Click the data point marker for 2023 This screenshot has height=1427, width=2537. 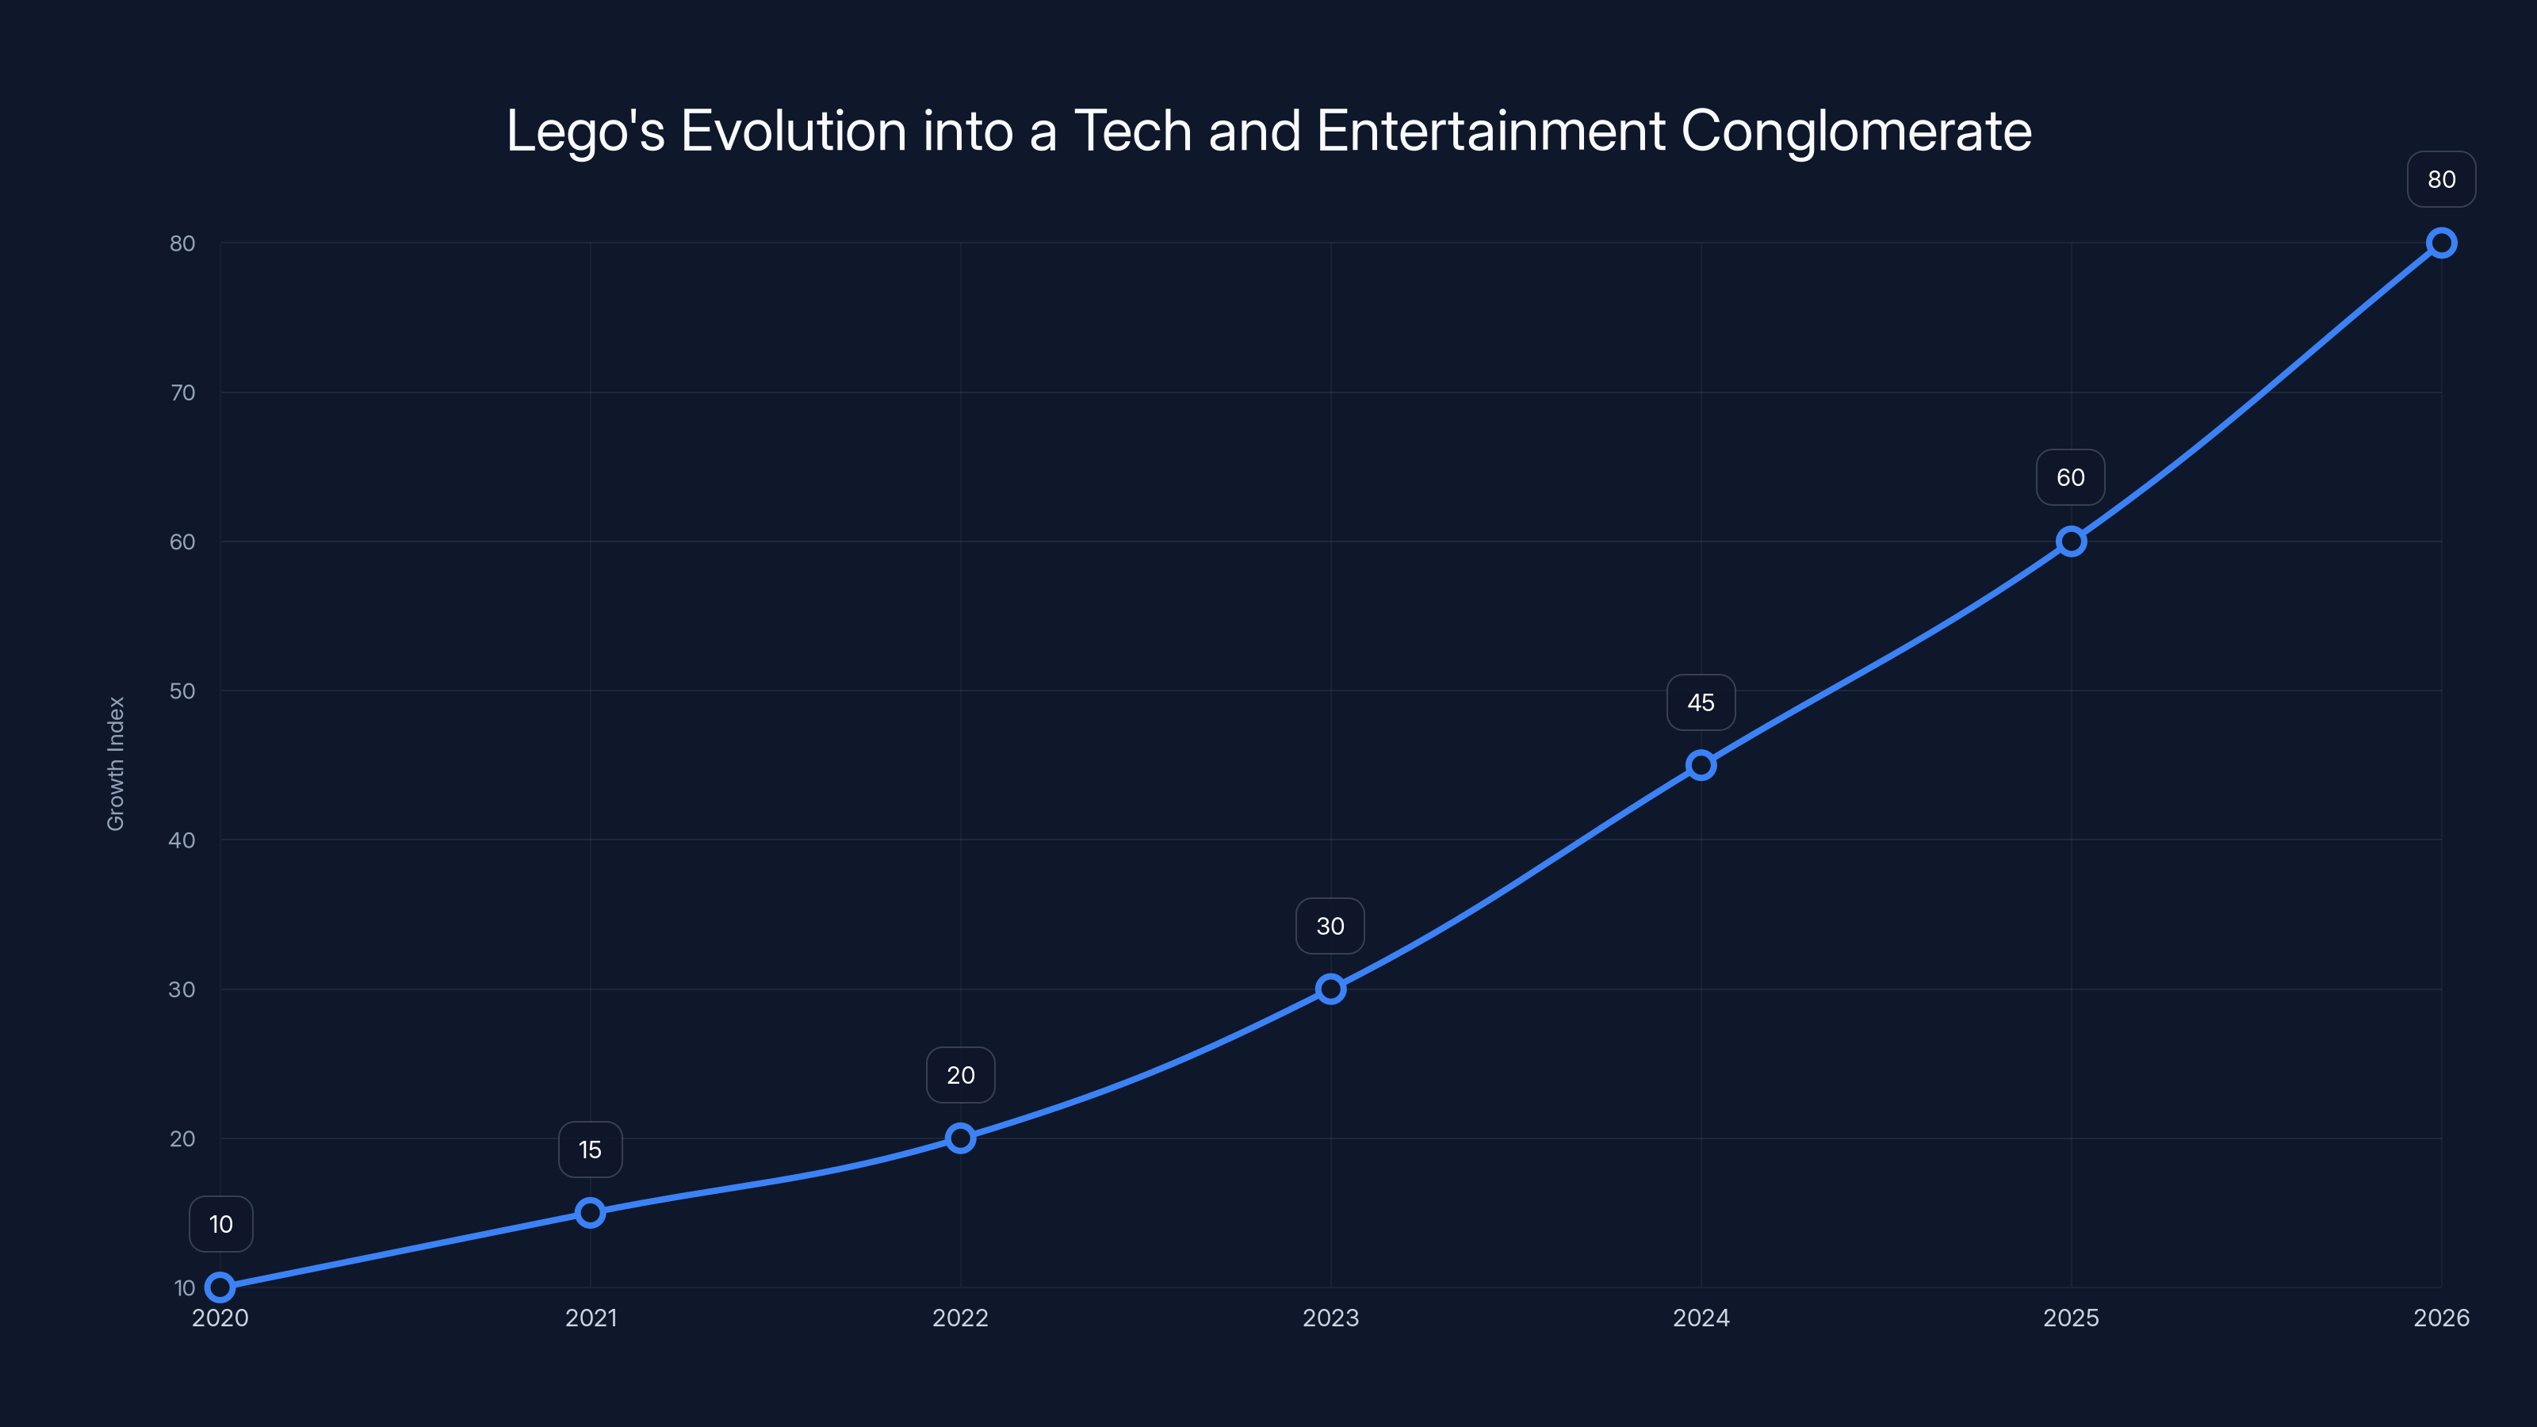pyautogui.click(x=1330, y=989)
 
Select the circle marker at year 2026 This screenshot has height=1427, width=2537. pyautogui.click(x=2442, y=243)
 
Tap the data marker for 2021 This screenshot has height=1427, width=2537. pyautogui.click(x=590, y=1212)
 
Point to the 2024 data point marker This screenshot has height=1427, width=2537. pyautogui.click(x=1701, y=765)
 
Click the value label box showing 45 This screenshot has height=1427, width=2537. pyautogui.click(x=1701, y=702)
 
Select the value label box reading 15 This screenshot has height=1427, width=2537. pyautogui.click(x=590, y=1150)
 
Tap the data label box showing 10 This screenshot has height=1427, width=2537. pyautogui.click(x=220, y=1224)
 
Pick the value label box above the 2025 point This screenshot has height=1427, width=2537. pyautogui.click(x=2070, y=477)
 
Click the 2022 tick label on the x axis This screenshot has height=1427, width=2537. pyautogui.click(x=960, y=1318)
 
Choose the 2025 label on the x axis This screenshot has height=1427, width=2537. pyautogui.click(x=2070, y=1318)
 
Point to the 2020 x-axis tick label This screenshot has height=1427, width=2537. pyautogui.click(x=220, y=1318)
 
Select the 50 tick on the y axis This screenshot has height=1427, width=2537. pyautogui.click(x=182, y=691)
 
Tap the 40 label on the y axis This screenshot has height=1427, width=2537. pyautogui.click(x=182, y=840)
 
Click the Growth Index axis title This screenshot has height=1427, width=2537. pyautogui.click(x=117, y=763)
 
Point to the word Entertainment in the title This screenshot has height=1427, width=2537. pyautogui.click(x=1490, y=131)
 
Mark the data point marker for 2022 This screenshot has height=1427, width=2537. pyautogui.click(x=960, y=1138)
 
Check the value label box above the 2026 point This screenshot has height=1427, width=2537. pyautogui.click(x=2442, y=179)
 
